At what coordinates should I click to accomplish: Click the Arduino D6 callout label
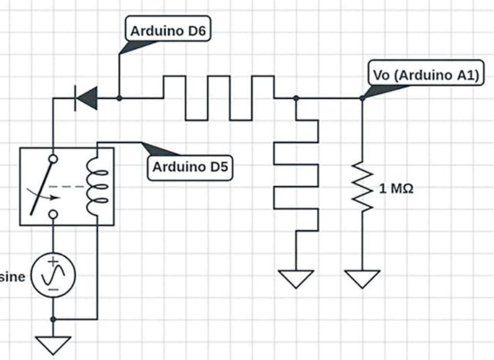point(168,31)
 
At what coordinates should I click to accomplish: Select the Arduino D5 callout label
point(190,167)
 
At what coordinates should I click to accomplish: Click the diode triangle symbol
point(87,98)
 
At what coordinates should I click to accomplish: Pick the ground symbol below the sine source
point(53,344)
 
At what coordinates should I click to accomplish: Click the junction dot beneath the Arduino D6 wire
point(119,98)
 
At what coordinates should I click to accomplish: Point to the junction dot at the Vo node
point(362,98)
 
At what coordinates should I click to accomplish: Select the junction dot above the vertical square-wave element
point(295,98)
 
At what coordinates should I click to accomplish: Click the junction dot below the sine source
point(53,319)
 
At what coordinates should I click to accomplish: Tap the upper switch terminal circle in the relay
point(53,159)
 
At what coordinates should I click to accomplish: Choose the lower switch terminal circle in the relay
point(53,214)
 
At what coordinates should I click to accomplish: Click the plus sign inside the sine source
point(53,262)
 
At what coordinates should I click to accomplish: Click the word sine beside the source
point(12,277)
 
